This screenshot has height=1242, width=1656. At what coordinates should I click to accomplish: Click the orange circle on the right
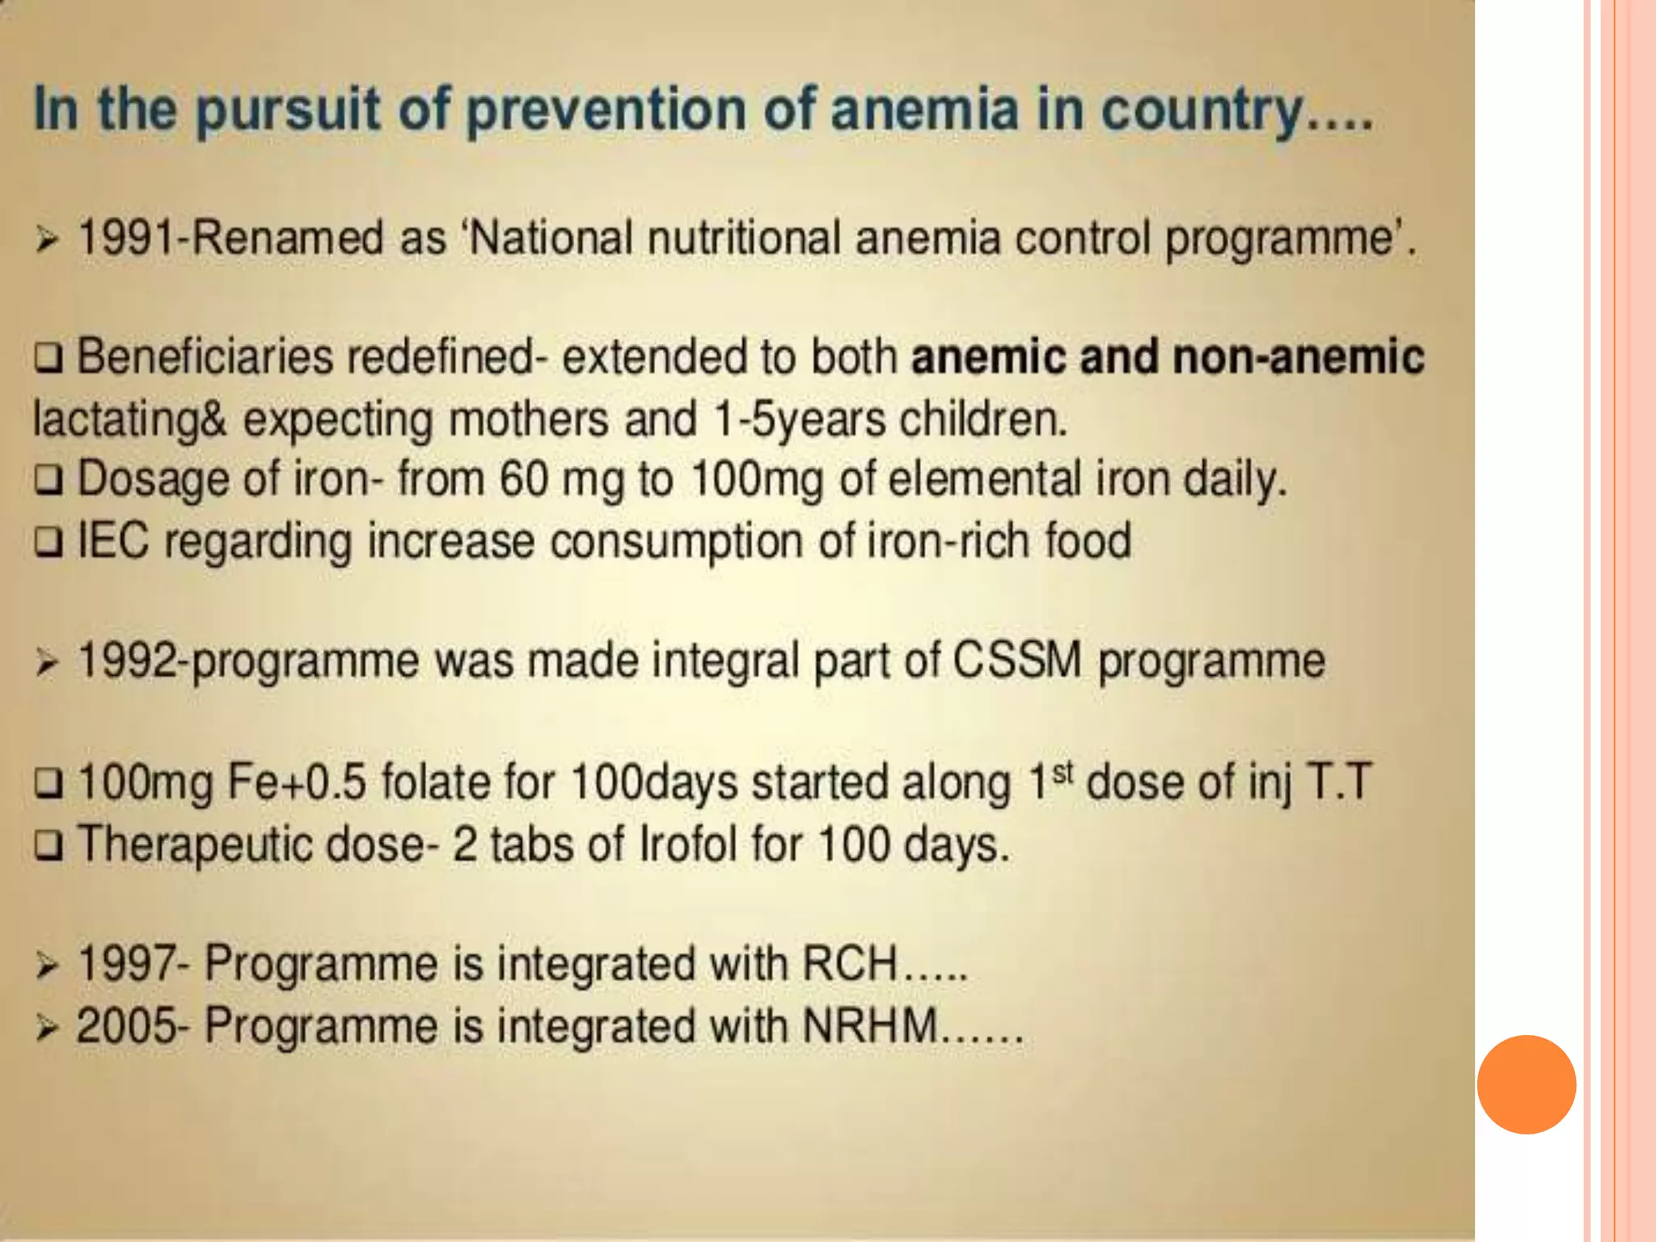click(x=1526, y=1084)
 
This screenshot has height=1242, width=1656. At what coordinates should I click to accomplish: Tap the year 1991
click(x=126, y=239)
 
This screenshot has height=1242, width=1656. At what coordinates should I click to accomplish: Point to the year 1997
click(x=126, y=964)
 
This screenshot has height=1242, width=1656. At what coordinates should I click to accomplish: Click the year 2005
click(x=126, y=1026)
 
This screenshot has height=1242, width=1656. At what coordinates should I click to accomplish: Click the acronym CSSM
click(x=1016, y=661)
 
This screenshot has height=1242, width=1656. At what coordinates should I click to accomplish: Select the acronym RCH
click(x=849, y=964)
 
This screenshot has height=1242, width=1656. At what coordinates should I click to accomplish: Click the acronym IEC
click(x=113, y=540)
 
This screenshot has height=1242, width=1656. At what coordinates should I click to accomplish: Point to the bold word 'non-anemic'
click(x=1298, y=357)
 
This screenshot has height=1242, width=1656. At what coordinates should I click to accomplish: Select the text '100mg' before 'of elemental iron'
click(x=757, y=479)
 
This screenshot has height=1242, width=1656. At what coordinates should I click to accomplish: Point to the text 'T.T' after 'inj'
click(x=1338, y=783)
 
